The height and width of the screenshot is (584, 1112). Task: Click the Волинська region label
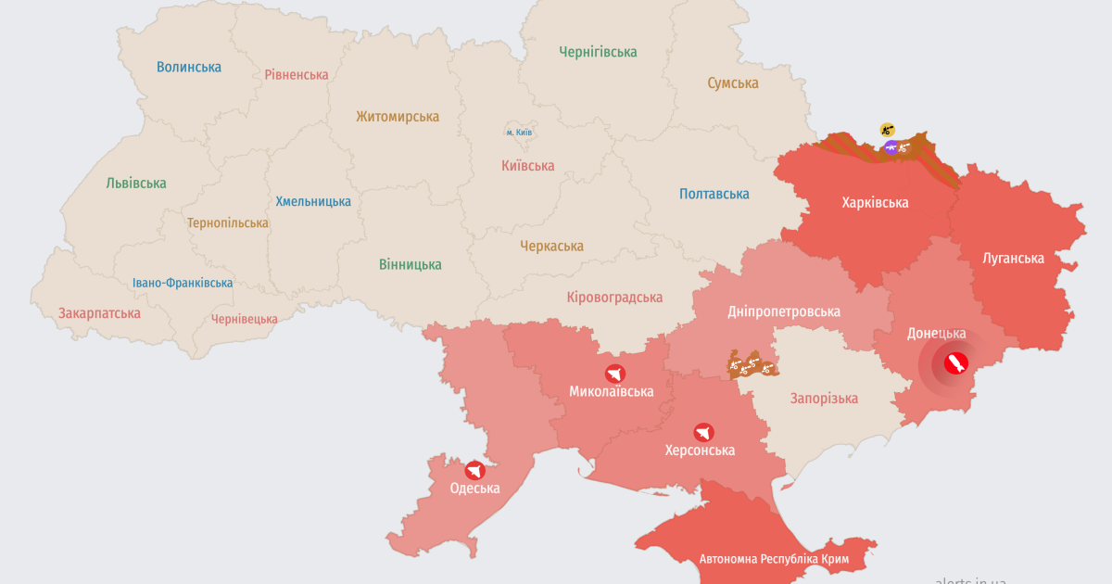coord(189,67)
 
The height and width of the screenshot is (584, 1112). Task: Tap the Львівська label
coord(136,183)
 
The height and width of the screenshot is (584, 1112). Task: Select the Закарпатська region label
coord(99,312)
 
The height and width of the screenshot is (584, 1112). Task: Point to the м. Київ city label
coord(518,133)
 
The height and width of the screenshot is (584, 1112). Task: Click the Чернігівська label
coord(598,52)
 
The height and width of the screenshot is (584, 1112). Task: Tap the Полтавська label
coord(714,194)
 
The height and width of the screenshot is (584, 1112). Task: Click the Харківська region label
coord(875,202)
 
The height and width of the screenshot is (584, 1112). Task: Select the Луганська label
coord(1013,258)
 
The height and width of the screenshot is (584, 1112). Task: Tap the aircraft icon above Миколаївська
coord(614,374)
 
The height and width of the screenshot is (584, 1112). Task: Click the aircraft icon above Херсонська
coord(703,432)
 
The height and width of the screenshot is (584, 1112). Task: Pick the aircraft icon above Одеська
coord(475,470)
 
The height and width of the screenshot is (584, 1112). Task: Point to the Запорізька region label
coord(824,398)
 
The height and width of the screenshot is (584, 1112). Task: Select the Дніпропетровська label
coord(784,311)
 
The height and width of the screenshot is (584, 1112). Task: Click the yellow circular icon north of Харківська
coord(888,129)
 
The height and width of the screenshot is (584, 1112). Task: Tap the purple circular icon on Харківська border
coord(891,146)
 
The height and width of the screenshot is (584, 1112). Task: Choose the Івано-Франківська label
coord(183,283)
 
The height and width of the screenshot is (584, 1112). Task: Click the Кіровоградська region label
coord(614,297)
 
